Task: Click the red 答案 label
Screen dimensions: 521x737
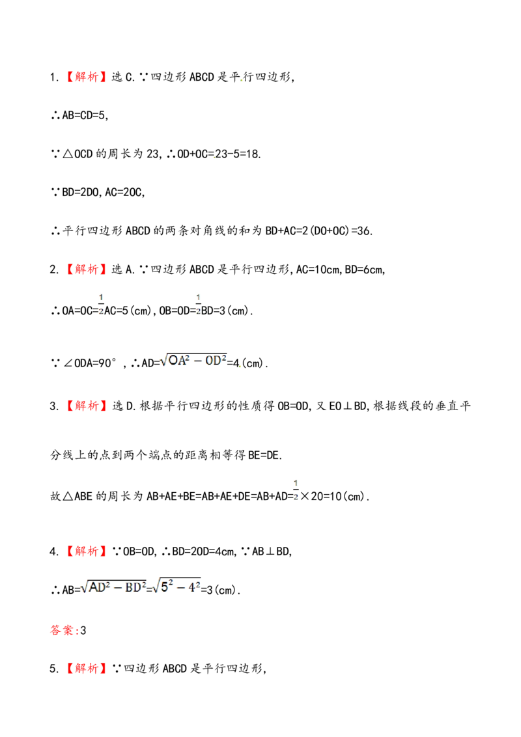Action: pyautogui.click(x=62, y=630)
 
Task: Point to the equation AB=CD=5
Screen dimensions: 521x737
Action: pyautogui.click(x=84, y=116)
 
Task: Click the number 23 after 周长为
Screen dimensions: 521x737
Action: pyautogui.click(x=153, y=154)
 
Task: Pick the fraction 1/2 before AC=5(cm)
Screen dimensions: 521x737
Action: pyautogui.click(x=101, y=305)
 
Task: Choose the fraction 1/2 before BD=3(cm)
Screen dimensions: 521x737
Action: pyautogui.click(x=198, y=305)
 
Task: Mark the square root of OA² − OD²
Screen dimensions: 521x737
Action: pyautogui.click(x=193, y=361)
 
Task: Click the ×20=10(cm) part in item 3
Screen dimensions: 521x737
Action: pyautogui.click(x=333, y=496)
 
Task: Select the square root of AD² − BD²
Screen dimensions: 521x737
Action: pyautogui.click(x=113, y=587)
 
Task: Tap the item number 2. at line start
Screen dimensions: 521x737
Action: pyautogui.click(x=54, y=270)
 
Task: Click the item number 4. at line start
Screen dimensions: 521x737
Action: pyautogui.click(x=54, y=552)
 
